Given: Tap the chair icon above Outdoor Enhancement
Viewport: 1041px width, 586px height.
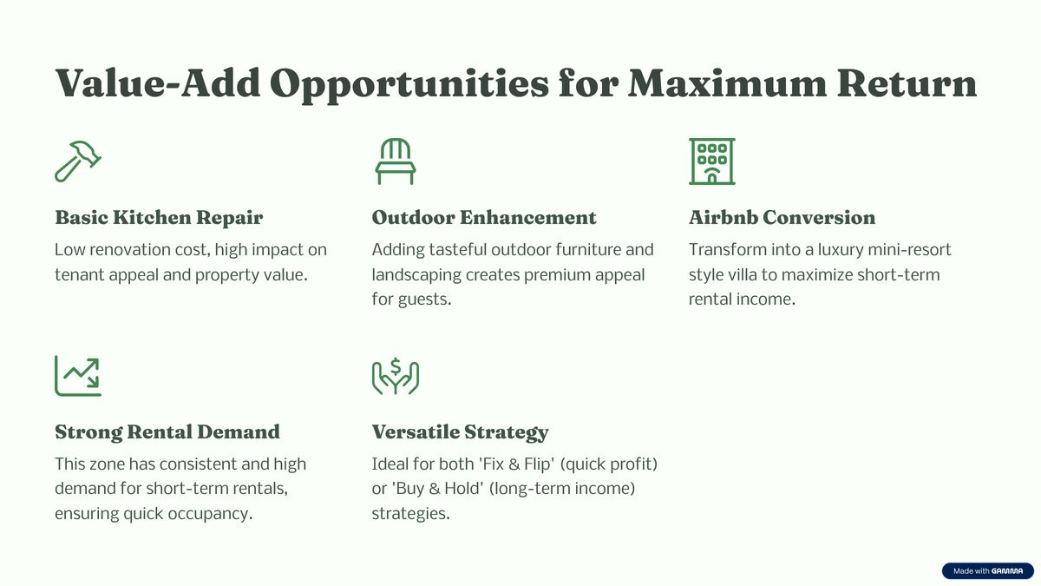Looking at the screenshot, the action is coord(396,161).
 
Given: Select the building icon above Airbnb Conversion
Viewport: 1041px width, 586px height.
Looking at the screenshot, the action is coord(712,161).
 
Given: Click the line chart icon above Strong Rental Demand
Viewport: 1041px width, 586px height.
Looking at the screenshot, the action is coord(78,376).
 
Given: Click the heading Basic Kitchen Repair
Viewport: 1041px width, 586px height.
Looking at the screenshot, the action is coord(159,218).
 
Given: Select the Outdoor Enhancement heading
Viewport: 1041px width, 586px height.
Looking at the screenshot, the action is coord(484,218).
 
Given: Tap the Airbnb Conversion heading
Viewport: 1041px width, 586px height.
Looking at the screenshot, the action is coord(782,218).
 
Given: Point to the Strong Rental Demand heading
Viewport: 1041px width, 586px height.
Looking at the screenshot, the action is coord(167,432).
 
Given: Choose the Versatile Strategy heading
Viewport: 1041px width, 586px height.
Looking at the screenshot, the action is coord(460,432).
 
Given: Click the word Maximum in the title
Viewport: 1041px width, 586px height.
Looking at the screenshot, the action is coord(727,83).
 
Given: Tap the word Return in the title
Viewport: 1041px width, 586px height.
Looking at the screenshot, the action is coord(907,83).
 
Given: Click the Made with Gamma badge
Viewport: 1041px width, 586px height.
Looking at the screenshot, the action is coord(987,570).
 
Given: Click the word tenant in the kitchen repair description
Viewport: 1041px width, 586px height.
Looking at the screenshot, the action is coord(80,275).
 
